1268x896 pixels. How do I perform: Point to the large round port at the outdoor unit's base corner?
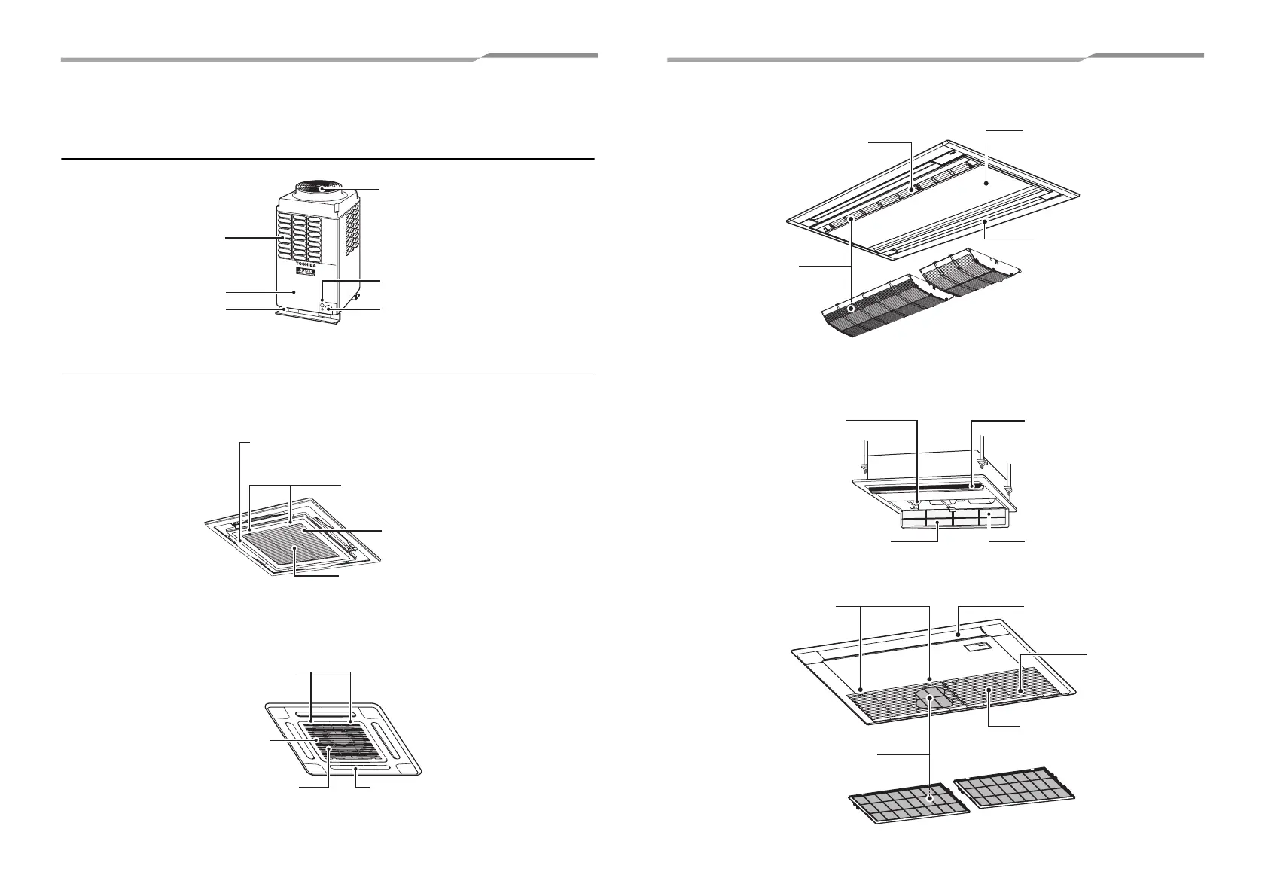330,309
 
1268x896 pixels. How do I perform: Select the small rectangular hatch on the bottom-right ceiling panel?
976,645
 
